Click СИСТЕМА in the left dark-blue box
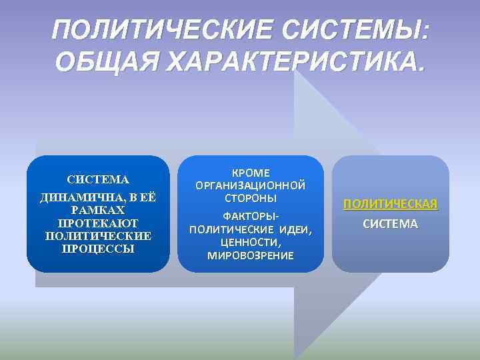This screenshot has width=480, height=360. click(x=98, y=179)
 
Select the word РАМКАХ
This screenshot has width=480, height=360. click(x=98, y=210)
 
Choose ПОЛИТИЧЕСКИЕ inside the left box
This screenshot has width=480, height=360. click(x=98, y=236)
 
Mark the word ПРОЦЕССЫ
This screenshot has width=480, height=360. click(x=98, y=249)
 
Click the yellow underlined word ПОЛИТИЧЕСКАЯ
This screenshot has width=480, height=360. click(x=391, y=204)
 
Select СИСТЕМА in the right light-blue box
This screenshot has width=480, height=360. click(x=391, y=224)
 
